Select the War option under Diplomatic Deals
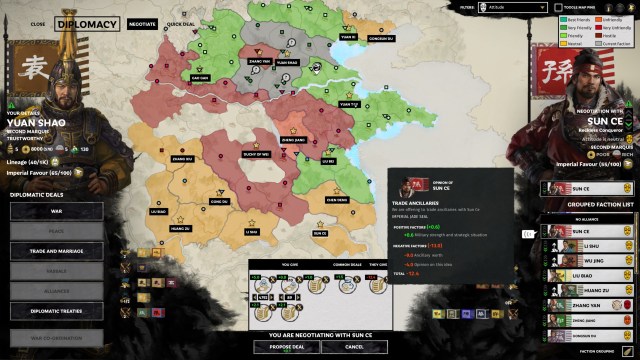[x=56, y=212]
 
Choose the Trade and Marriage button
[x=56, y=251]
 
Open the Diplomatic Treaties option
[x=56, y=310]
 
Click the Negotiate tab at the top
[x=142, y=23]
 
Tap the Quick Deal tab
[x=181, y=23]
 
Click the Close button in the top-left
[x=38, y=23]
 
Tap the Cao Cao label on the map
[x=198, y=77]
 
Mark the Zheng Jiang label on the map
[x=293, y=140]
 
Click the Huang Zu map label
[x=179, y=228]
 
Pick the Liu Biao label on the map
[x=158, y=211]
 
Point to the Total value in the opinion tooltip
[x=411, y=272]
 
